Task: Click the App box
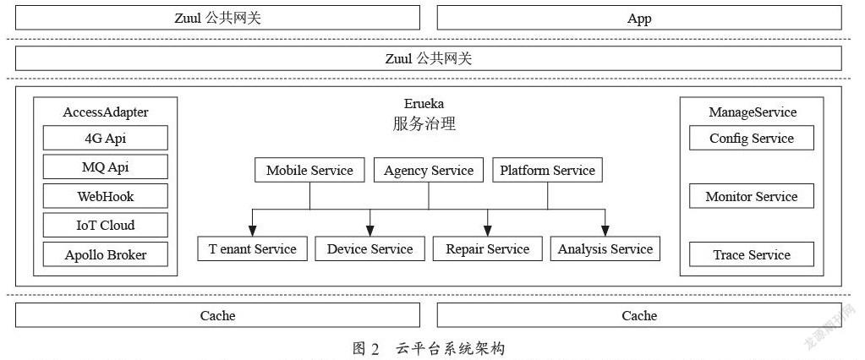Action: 639,19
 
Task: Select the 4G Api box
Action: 106,138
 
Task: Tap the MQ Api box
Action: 106,167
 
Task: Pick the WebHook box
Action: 106,196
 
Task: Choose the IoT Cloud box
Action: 106,226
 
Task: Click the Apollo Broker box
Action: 106,254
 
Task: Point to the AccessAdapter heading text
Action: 106,112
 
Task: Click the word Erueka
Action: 424,104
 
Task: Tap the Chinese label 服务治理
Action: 424,123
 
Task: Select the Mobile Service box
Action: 309,170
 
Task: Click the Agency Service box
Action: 429,170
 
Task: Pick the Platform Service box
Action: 547,170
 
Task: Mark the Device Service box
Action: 370,248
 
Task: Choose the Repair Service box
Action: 488,248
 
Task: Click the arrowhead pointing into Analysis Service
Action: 605,231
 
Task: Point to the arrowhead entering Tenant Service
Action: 252,231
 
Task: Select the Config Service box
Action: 752,138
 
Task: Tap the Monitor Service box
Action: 752,196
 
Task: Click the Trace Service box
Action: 752,254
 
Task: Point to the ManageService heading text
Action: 753,112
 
